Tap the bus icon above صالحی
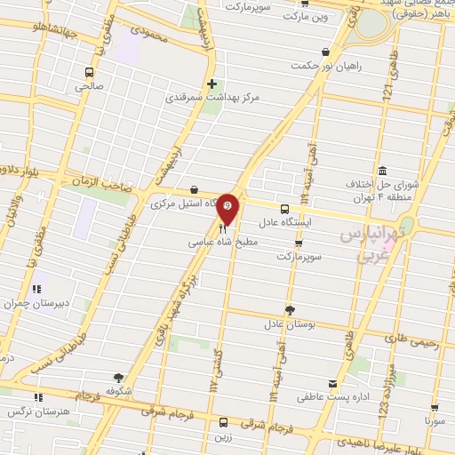[89, 72]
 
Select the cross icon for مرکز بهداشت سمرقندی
[212, 85]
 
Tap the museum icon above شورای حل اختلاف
[381, 170]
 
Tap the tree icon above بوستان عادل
[289, 310]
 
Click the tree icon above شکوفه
[120, 378]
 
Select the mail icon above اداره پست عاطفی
[332, 384]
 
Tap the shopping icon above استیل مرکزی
[194, 188]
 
